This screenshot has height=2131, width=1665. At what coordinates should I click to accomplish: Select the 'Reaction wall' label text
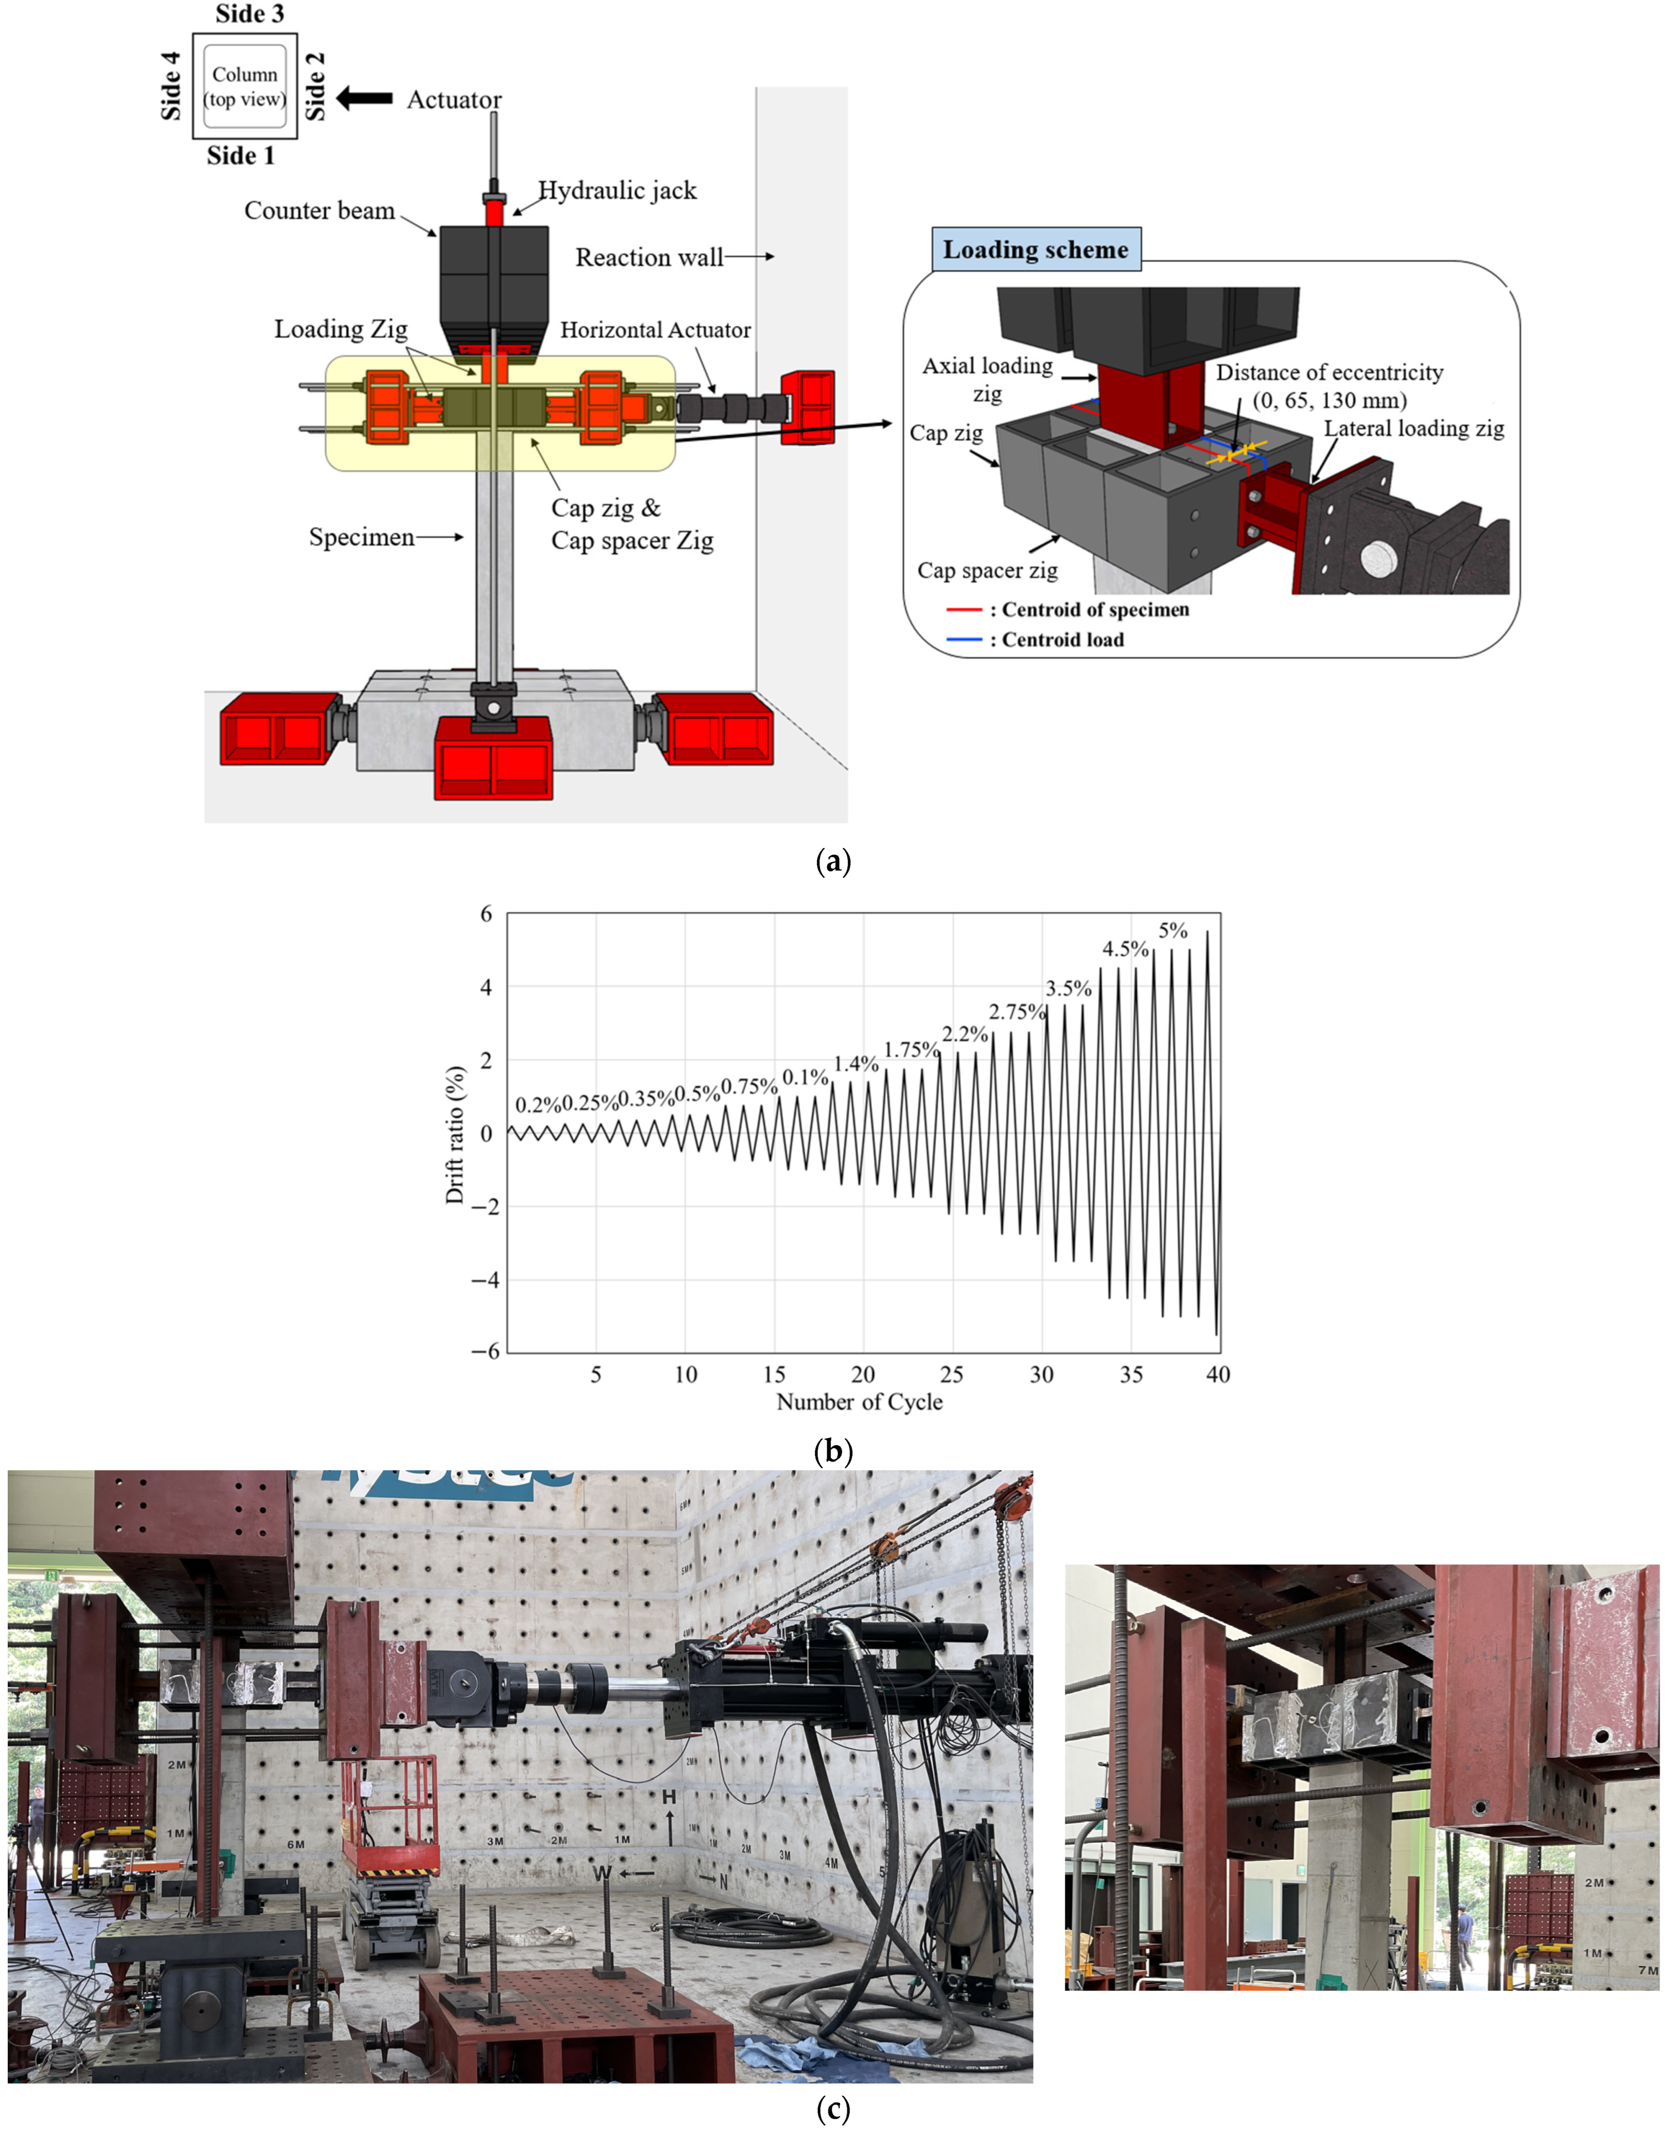[x=649, y=258]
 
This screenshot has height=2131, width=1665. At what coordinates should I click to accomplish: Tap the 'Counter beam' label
[x=319, y=211]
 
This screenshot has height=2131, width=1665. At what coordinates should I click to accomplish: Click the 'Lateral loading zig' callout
[x=1413, y=428]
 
